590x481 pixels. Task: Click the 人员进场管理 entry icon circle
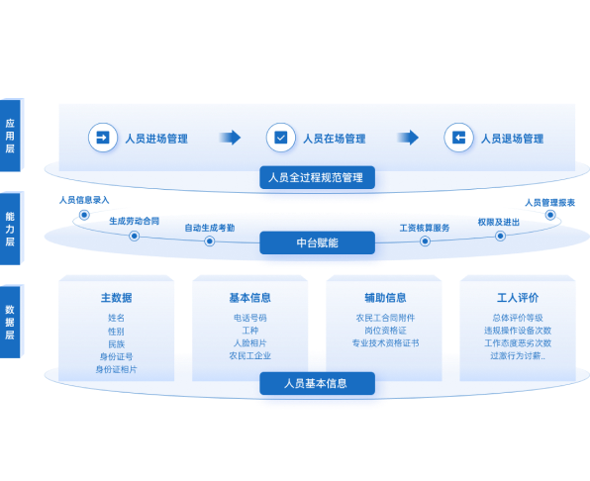pyautogui.click(x=103, y=138)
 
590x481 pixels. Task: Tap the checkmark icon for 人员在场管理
pyautogui.click(x=281, y=138)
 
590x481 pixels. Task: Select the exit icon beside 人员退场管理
pyautogui.click(x=458, y=138)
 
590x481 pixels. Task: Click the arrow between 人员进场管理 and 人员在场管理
pyautogui.click(x=230, y=138)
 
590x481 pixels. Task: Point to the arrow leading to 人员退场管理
pyautogui.click(x=408, y=138)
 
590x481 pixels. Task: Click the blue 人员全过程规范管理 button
pyautogui.click(x=317, y=177)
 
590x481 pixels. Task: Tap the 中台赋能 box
pyautogui.click(x=317, y=242)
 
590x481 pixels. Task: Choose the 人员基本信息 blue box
pyautogui.click(x=317, y=383)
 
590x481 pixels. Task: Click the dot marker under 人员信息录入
pyautogui.click(x=84, y=215)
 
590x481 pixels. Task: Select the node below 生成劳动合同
pyautogui.click(x=135, y=237)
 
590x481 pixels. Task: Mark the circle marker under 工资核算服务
pyautogui.click(x=425, y=241)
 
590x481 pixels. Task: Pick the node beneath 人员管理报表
pyautogui.click(x=550, y=215)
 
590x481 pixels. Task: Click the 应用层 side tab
pyautogui.click(x=11, y=136)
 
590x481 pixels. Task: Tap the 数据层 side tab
pyautogui.click(x=11, y=322)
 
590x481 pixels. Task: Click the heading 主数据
pyautogui.click(x=116, y=298)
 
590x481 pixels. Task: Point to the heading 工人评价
pyautogui.click(x=518, y=298)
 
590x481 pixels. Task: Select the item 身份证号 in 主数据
pyautogui.click(x=116, y=356)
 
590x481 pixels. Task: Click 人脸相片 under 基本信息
pyautogui.click(x=249, y=343)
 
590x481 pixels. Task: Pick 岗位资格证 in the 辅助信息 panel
pyautogui.click(x=385, y=331)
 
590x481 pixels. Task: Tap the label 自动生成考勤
pyautogui.click(x=210, y=228)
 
